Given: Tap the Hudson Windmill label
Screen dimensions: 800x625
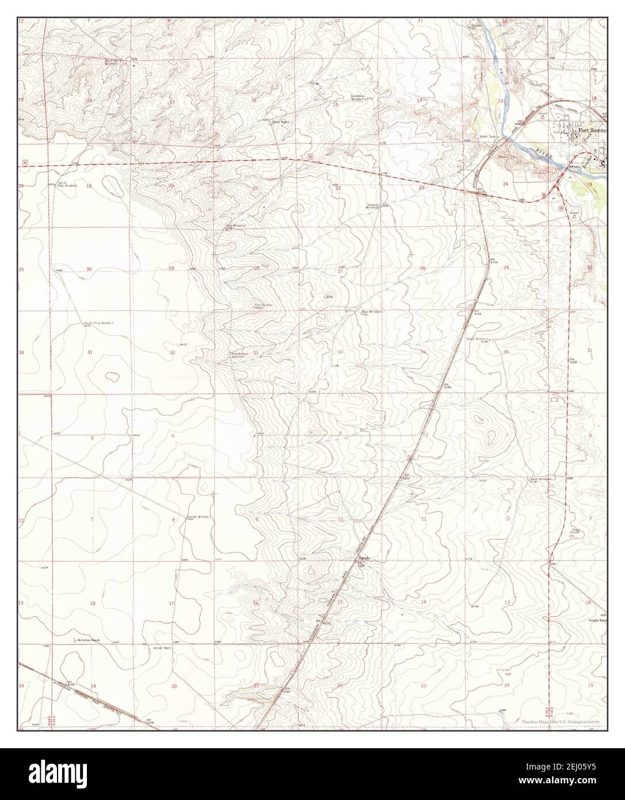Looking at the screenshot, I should click(x=374, y=205).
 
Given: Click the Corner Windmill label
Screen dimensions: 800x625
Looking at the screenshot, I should click(x=197, y=517).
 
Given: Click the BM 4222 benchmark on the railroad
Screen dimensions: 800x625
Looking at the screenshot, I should click(x=406, y=477).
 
